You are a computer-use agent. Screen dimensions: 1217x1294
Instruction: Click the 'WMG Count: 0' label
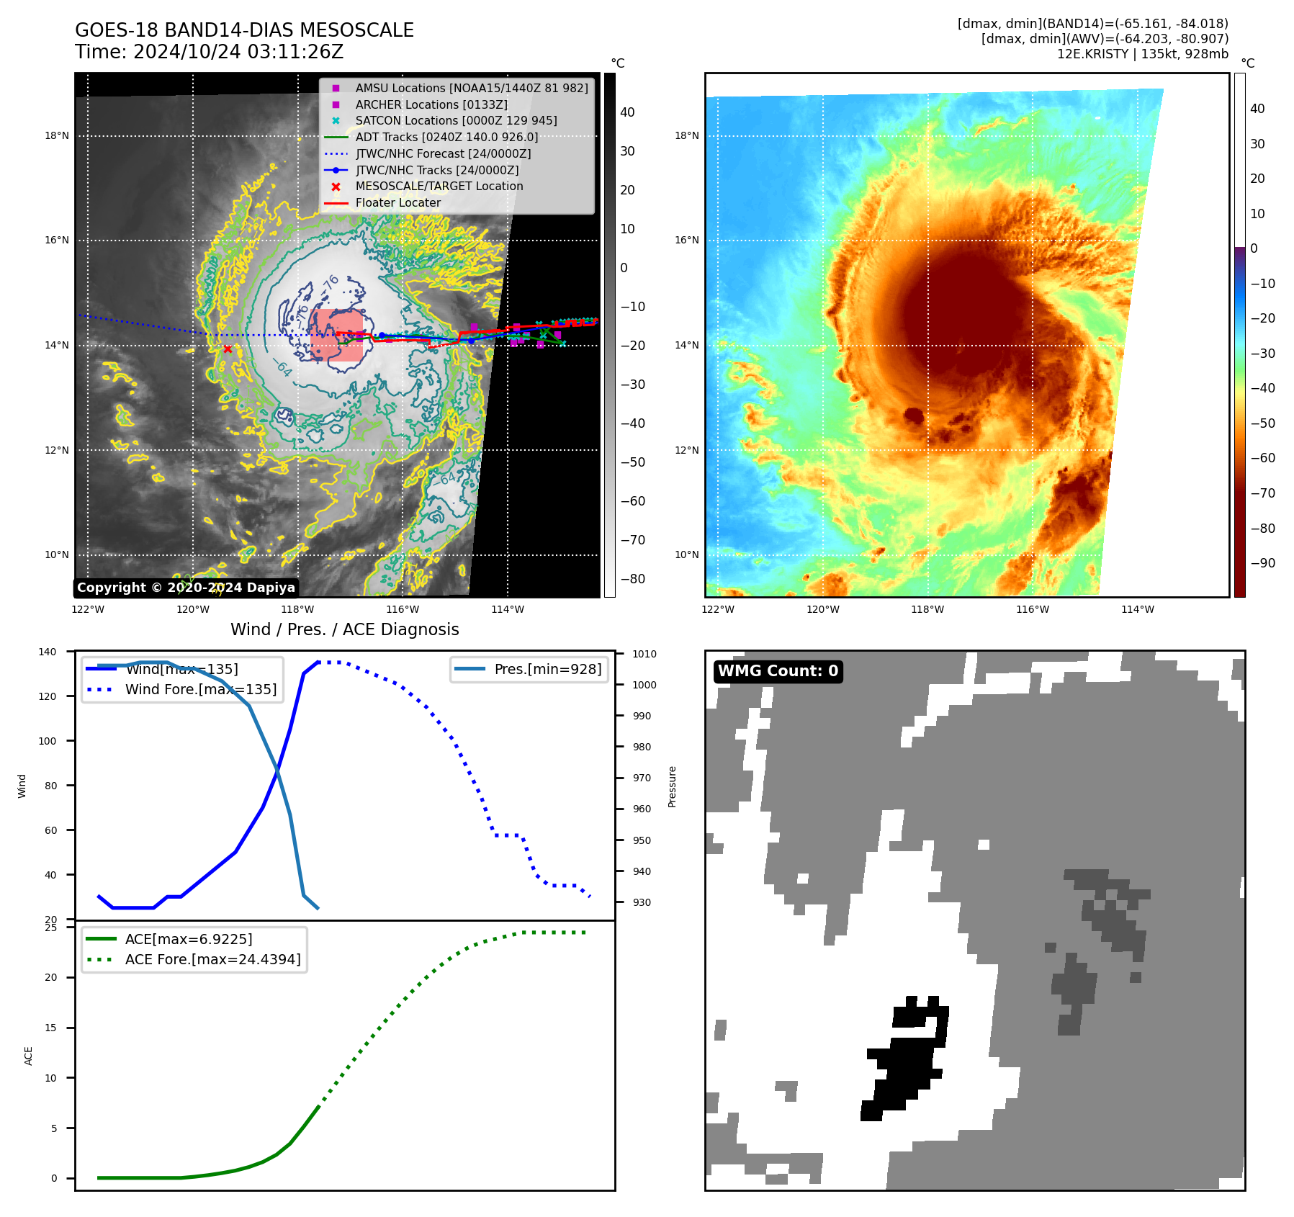(x=778, y=671)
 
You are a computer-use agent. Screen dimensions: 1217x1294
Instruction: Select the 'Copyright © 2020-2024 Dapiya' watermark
(x=186, y=588)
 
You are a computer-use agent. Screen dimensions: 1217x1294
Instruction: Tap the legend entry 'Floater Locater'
(x=397, y=203)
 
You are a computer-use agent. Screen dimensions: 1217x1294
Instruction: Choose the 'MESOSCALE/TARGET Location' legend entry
(x=439, y=187)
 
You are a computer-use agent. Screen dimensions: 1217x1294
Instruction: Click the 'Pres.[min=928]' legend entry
(x=547, y=669)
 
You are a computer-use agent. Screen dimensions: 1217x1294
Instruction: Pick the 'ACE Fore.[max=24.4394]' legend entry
(x=212, y=959)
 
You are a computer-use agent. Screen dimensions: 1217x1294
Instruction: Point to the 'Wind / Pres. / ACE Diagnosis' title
(x=344, y=629)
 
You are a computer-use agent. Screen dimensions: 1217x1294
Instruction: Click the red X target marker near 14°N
(x=228, y=349)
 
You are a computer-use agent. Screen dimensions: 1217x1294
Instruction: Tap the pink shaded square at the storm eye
(x=337, y=336)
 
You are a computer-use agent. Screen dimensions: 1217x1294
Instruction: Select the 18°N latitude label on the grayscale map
(x=57, y=136)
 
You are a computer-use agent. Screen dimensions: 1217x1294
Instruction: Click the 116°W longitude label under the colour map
(x=1032, y=609)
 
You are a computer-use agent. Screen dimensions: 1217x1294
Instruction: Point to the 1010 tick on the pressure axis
(x=644, y=654)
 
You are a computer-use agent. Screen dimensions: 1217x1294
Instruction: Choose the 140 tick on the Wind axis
(x=48, y=652)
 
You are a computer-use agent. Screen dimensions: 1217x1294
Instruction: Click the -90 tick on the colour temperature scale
(x=1262, y=563)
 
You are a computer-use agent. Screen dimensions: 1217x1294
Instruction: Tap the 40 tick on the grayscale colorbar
(x=627, y=112)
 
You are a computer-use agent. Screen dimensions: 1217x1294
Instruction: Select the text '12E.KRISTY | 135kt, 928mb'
(x=1142, y=54)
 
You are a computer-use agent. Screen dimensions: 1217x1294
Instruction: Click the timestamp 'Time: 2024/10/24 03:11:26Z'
(x=209, y=52)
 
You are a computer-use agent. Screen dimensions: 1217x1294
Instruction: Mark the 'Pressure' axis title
(x=672, y=786)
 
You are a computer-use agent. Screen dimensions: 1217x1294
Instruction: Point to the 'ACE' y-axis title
(x=29, y=1056)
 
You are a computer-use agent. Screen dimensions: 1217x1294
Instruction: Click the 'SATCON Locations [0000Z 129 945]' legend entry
(x=456, y=121)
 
